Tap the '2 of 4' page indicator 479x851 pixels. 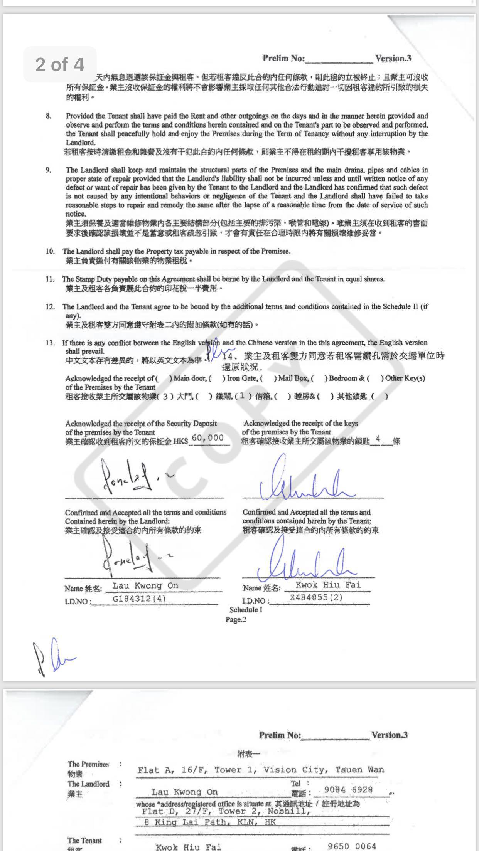pos(60,64)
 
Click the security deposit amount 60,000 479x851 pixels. pos(207,437)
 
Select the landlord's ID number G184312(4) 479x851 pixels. pos(139,599)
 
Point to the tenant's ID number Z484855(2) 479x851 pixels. pos(316,597)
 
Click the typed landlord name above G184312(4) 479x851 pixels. pos(145,585)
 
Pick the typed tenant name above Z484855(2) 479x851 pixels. pos(328,584)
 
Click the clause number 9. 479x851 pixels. pos(49,170)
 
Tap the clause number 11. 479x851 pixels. pos(50,279)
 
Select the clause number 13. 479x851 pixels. pos(50,343)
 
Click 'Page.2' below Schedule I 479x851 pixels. pos(236,619)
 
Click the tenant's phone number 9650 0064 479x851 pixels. pos(352,846)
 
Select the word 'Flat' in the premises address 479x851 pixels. pos(148,770)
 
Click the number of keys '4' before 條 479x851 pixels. pos(378,438)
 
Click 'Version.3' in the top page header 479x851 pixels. pos(393,58)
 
